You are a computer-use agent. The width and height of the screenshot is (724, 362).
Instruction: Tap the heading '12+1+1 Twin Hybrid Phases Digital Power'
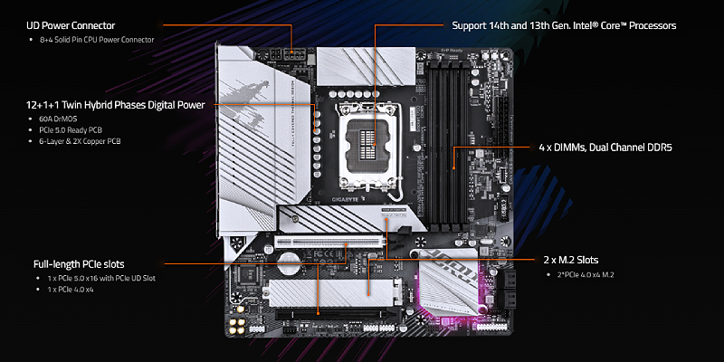[116, 105]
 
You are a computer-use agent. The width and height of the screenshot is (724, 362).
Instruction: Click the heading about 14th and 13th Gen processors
[563, 25]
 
